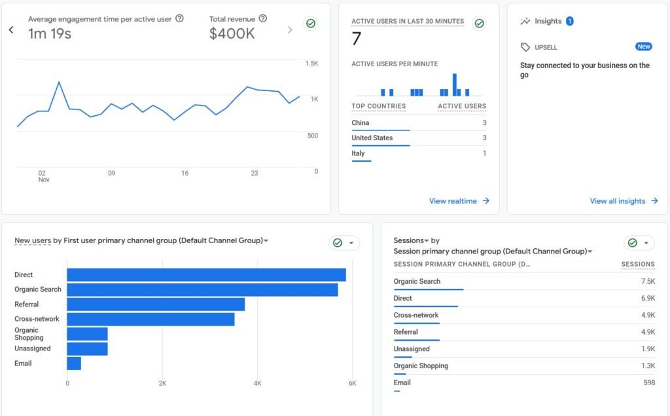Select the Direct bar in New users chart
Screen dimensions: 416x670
(206, 275)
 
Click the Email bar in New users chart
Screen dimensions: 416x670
(74, 364)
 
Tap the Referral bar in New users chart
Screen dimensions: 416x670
(156, 305)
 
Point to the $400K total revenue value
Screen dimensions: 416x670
(232, 34)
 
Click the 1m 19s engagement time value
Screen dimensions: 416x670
(50, 34)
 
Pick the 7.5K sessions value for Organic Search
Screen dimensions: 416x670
(647, 282)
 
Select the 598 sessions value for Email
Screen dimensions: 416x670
(648, 383)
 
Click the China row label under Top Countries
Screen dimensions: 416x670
(361, 123)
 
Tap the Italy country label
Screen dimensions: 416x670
(358, 153)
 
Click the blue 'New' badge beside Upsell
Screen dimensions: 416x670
(644, 47)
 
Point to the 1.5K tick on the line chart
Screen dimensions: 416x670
(311, 64)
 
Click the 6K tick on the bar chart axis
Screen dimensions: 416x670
(352, 383)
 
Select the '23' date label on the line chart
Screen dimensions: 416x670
(255, 174)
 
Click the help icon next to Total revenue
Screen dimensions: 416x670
(263, 19)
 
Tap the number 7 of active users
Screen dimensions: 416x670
(357, 39)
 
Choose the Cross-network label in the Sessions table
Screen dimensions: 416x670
(416, 315)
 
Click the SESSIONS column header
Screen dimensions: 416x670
(638, 265)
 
